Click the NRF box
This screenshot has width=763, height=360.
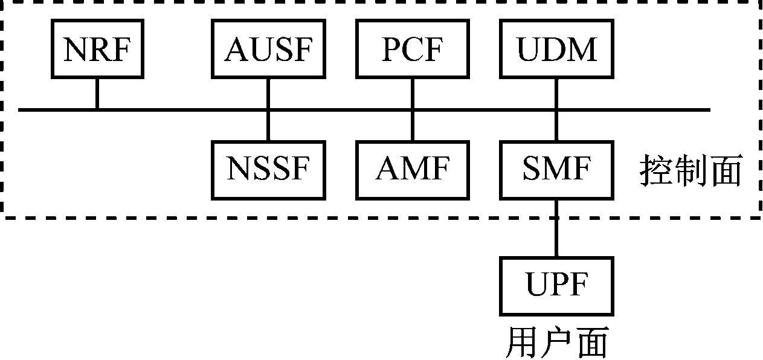(x=97, y=50)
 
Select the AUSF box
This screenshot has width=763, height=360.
(x=268, y=50)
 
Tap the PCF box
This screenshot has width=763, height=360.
(x=413, y=50)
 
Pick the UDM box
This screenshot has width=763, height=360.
(x=556, y=50)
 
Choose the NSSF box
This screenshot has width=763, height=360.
(x=268, y=170)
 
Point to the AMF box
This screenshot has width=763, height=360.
(x=413, y=170)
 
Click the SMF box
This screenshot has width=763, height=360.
(x=556, y=170)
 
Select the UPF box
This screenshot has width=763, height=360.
(x=556, y=286)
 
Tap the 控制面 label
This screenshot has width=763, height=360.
(x=690, y=172)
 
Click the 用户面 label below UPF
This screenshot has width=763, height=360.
(x=556, y=342)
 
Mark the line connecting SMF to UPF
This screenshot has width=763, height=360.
(x=556, y=228)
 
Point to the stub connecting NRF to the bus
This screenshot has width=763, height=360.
(x=97, y=94)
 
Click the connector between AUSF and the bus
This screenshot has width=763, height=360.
(x=268, y=94)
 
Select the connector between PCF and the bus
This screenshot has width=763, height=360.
(x=413, y=94)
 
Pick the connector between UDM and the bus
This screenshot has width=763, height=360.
(x=556, y=94)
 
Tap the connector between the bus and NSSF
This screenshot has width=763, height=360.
(x=268, y=126)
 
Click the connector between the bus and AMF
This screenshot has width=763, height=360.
(x=413, y=126)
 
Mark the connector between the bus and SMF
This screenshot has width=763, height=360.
(x=556, y=126)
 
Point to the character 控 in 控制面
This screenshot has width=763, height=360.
(x=656, y=172)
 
